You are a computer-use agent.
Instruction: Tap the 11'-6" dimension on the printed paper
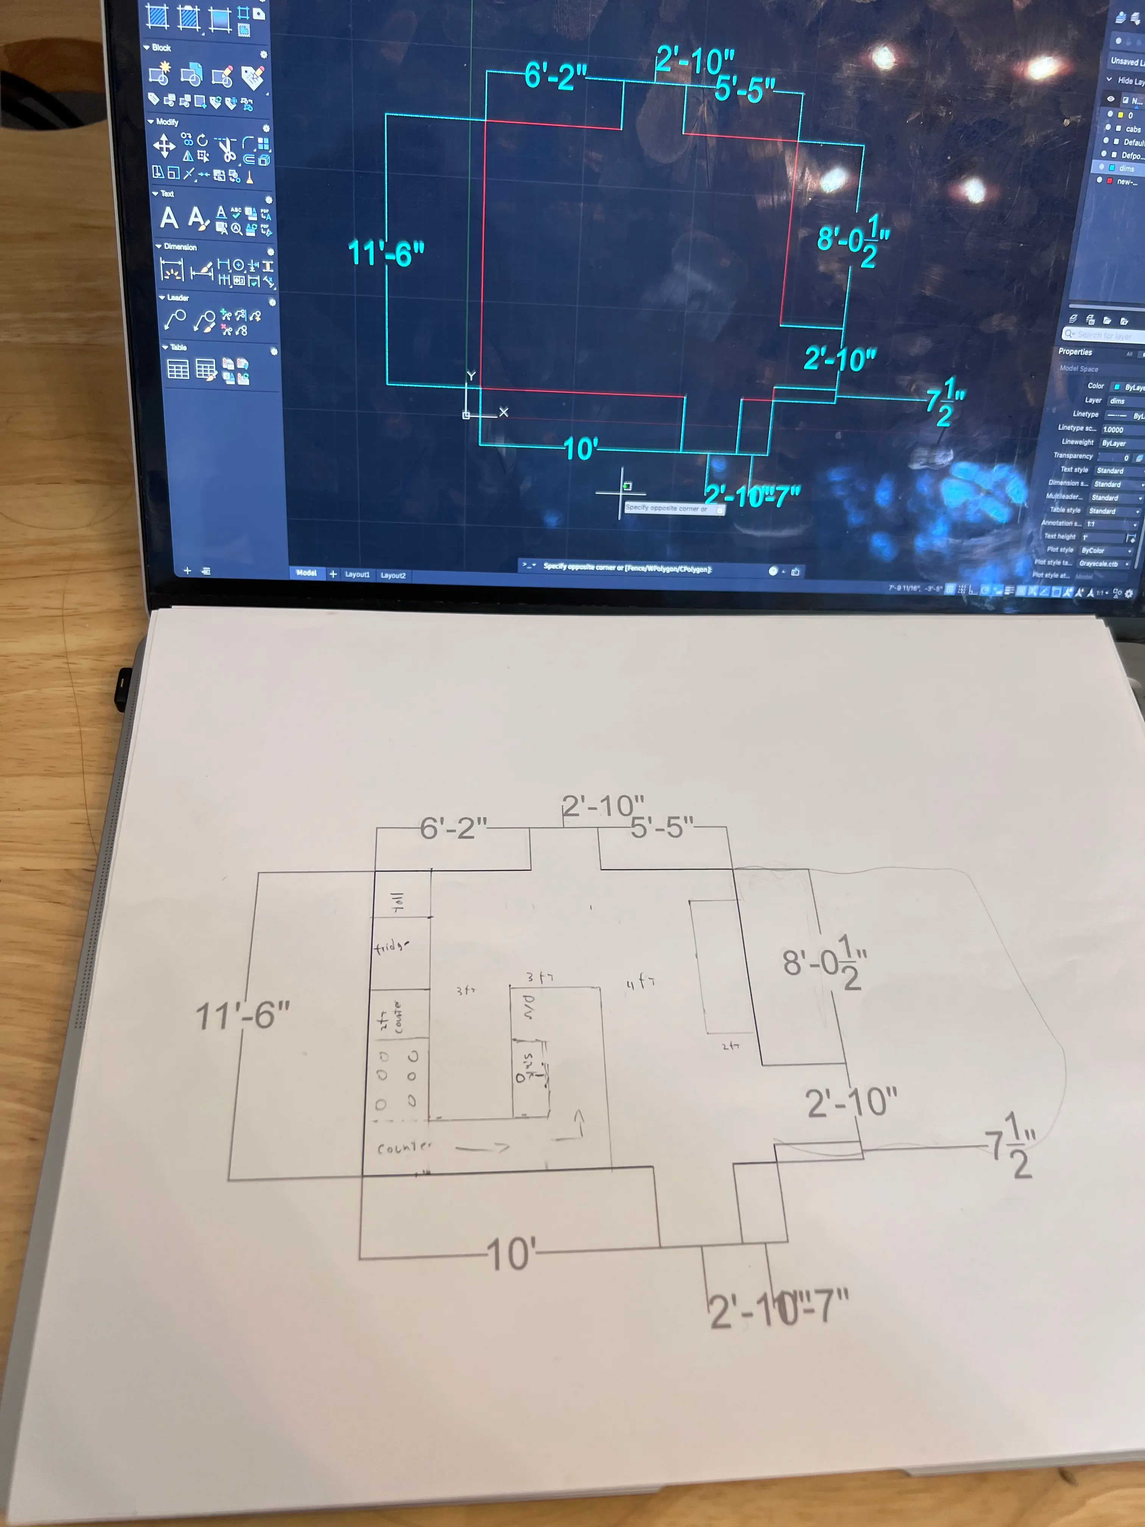coord(242,1015)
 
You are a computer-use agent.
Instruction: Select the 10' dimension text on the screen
coord(580,450)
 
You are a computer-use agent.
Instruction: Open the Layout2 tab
coord(393,575)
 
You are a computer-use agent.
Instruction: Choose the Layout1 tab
coord(357,575)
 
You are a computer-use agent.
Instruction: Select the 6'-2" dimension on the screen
coord(555,75)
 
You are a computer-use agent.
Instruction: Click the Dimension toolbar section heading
coord(179,247)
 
